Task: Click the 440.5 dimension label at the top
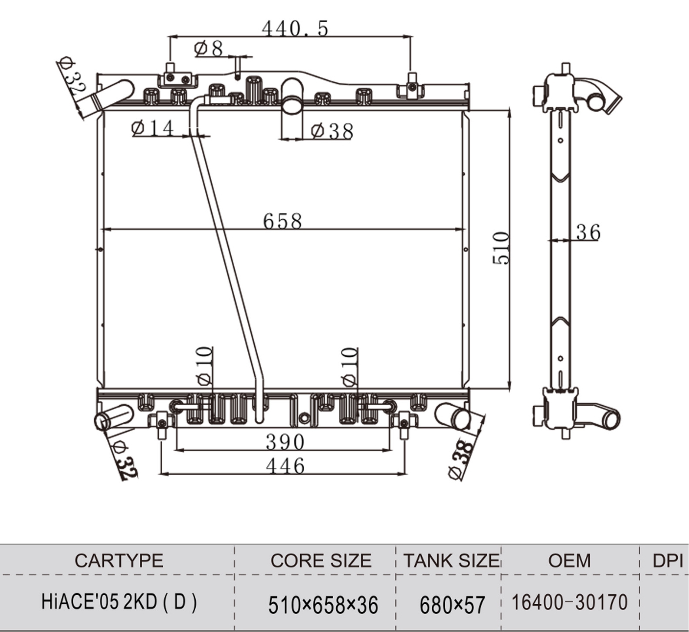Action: tap(295, 29)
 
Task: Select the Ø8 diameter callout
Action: tap(209, 48)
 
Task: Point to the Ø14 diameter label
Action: tap(153, 128)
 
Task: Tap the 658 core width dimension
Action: tap(282, 221)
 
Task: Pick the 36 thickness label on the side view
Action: tap(588, 233)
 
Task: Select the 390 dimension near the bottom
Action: tap(285, 442)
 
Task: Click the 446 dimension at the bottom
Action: tap(285, 466)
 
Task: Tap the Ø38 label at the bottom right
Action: tap(461, 459)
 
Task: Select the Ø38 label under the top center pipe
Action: tap(332, 131)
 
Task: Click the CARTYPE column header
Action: tap(119, 560)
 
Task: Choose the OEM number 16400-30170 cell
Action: tap(569, 603)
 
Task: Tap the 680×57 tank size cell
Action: tap(452, 605)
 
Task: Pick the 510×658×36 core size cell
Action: tap(323, 605)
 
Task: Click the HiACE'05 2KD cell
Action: tap(119, 602)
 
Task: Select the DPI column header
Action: tap(667, 560)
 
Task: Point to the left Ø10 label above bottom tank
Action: tap(204, 366)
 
